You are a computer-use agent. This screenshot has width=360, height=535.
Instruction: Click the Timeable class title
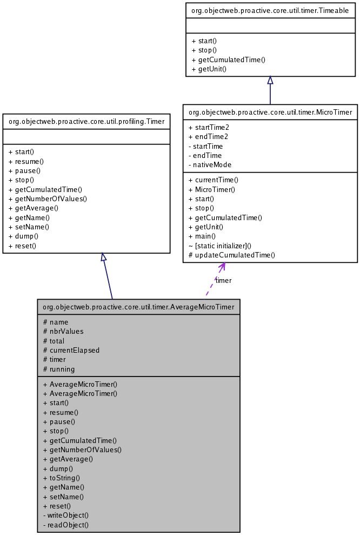tap(270, 10)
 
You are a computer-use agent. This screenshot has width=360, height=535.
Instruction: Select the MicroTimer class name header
tap(270, 112)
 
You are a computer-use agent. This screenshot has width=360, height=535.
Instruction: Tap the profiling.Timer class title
tap(87, 121)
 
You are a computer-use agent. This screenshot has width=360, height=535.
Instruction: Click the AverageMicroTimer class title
tap(138, 307)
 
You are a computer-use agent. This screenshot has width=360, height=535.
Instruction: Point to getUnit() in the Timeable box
tap(209, 69)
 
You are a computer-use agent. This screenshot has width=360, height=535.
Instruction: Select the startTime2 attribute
tap(208, 127)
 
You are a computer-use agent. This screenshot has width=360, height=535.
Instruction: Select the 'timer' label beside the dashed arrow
tap(223, 280)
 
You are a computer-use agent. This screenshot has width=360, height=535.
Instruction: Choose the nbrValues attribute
tap(63, 331)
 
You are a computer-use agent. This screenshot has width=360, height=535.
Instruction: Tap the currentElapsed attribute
tap(71, 350)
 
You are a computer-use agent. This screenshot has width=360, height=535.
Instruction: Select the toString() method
tap(61, 478)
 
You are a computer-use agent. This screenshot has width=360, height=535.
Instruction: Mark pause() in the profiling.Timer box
tap(25, 170)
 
